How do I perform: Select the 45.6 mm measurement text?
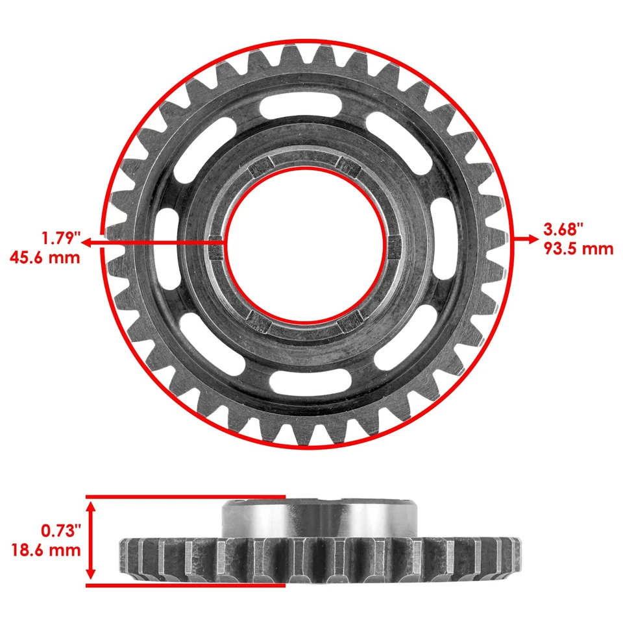point(45,256)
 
